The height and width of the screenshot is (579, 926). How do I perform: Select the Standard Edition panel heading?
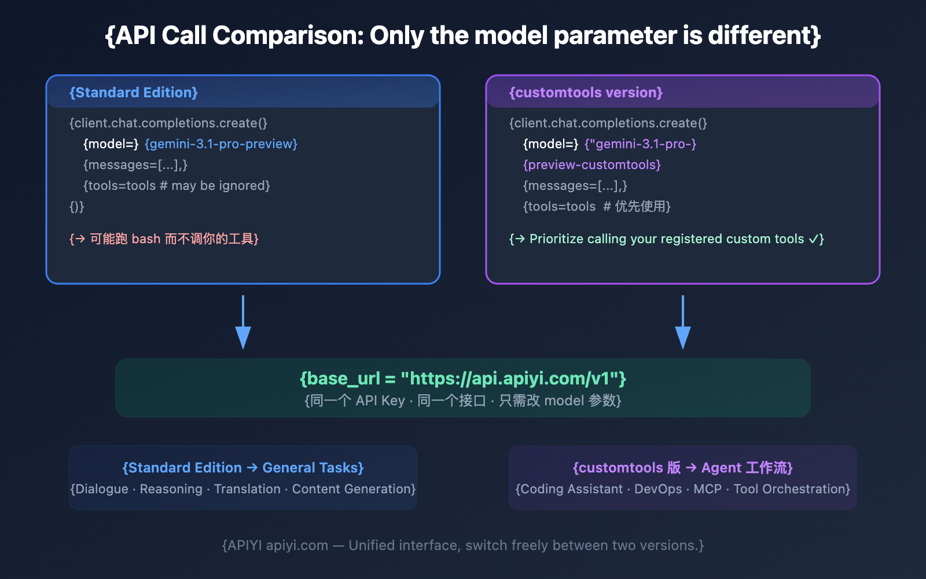click(x=134, y=93)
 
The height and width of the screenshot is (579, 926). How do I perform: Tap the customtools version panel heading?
click(x=586, y=93)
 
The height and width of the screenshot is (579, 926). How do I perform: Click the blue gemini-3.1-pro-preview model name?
click(x=221, y=144)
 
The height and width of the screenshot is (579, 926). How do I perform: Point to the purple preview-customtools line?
click(x=591, y=165)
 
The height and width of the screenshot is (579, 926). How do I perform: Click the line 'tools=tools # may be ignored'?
click(x=177, y=186)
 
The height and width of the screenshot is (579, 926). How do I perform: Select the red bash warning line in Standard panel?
click(x=164, y=239)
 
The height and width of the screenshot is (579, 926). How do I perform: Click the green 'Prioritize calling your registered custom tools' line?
click(x=666, y=239)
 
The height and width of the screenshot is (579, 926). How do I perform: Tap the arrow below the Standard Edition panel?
click(x=243, y=324)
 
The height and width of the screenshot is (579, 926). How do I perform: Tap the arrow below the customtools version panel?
click(x=683, y=324)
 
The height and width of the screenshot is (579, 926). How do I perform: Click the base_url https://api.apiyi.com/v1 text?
click(x=463, y=379)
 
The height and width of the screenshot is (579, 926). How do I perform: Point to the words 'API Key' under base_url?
click(x=380, y=401)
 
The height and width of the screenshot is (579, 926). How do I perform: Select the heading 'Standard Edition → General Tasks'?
click(x=243, y=468)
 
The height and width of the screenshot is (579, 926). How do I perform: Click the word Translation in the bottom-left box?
click(x=247, y=489)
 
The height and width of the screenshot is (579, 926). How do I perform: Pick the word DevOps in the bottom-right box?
click(x=658, y=489)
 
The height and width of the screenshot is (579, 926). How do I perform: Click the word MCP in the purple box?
click(x=707, y=489)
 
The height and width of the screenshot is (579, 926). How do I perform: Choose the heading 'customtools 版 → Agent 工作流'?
click(x=683, y=468)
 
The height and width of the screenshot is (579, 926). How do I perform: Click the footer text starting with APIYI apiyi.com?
click(x=463, y=545)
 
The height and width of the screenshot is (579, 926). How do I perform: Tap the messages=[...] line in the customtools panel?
click(x=575, y=186)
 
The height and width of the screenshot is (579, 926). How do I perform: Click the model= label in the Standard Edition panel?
click(x=111, y=144)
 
